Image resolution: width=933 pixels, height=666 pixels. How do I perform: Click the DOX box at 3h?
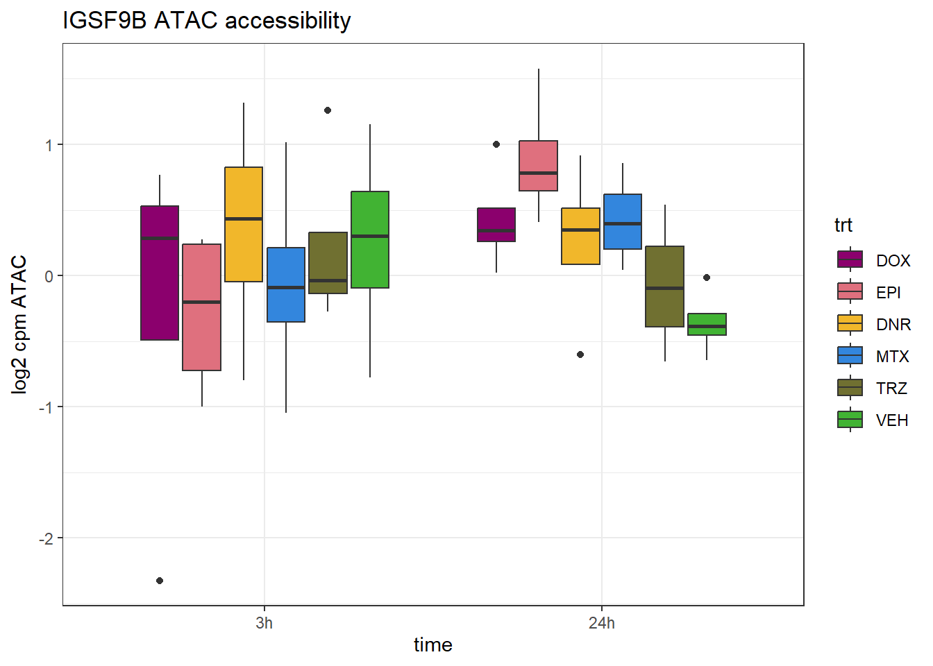click(x=160, y=273)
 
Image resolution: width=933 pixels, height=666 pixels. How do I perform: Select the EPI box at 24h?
click(x=539, y=166)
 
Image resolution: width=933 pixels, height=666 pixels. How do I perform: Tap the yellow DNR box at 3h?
click(x=244, y=224)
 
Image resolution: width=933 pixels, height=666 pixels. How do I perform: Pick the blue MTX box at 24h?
click(x=623, y=221)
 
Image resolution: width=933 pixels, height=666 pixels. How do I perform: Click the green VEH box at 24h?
click(x=707, y=324)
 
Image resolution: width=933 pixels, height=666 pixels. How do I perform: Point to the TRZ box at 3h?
click(x=328, y=262)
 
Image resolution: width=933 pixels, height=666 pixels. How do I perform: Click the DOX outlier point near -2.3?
click(x=160, y=581)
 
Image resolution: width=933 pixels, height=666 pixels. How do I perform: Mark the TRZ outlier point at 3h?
click(x=328, y=110)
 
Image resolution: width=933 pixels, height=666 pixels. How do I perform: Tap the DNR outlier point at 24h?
click(x=580, y=355)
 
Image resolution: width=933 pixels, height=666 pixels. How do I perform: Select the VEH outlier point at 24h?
click(x=707, y=277)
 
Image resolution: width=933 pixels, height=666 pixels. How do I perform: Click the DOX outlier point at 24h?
click(x=496, y=144)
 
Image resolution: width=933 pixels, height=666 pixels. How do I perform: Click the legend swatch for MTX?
click(x=850, y=356)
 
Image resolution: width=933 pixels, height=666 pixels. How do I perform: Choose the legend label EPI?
click(x=888, y=293)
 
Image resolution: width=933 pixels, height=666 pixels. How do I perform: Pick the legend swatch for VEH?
click(x=850, y=420)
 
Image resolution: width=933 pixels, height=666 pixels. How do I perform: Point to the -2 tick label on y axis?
click(x=46, y=539)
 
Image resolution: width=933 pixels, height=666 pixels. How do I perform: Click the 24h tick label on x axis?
click(x=601, y=623)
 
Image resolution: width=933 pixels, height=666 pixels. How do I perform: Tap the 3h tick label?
click(x=264, y=623)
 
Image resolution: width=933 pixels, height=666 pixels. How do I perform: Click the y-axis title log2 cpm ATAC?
click(x=19, y=325)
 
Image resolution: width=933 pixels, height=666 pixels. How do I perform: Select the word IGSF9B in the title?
click(x=104, y=21)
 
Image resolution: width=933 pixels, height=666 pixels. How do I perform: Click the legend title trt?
click(x=843, y=225)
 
